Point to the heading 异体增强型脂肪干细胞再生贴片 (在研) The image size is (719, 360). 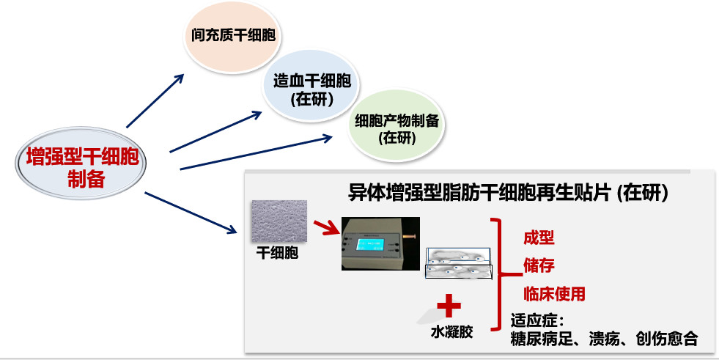point(507,192)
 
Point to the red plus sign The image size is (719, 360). point(449,305)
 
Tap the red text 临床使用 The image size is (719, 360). point(554,294)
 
